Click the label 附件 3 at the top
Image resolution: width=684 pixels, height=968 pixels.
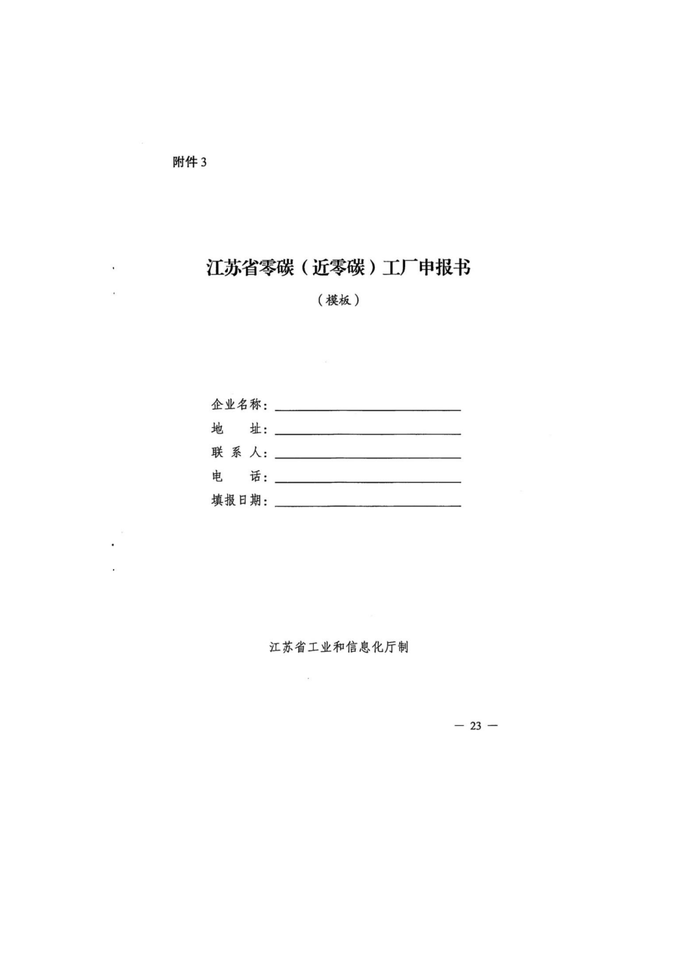tap(189, 162)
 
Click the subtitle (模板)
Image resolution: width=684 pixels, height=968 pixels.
tap(338, 300)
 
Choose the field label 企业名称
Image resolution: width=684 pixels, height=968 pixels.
tap(237, 405)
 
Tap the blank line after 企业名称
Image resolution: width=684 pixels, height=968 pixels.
tap(368, 408)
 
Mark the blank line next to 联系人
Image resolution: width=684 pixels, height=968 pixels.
tap(368, 457)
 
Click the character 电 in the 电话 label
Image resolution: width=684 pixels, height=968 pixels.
tap(217, 477)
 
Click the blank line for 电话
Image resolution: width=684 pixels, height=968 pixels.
tap(368, 481)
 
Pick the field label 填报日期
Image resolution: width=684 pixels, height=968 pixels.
tap(237, 501)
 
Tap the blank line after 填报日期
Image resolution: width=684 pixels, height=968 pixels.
tap(368, 505)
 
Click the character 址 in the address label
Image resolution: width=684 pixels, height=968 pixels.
tap(256, 429)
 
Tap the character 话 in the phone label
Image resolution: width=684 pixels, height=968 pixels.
tap(256, 477)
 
